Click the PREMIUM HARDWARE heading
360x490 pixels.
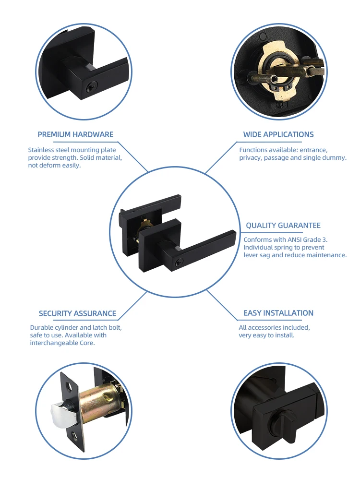(x=75, y=134)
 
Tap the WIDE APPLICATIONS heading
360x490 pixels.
(x=278, y=134)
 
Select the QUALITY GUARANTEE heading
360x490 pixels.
(x=283, y=225)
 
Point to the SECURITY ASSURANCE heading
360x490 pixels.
(x=77, y=313)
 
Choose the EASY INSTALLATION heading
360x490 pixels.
(x=278, y=313)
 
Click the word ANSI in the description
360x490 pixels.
(x=296, y=239)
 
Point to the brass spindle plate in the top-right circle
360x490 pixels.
(x=269, y=70)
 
